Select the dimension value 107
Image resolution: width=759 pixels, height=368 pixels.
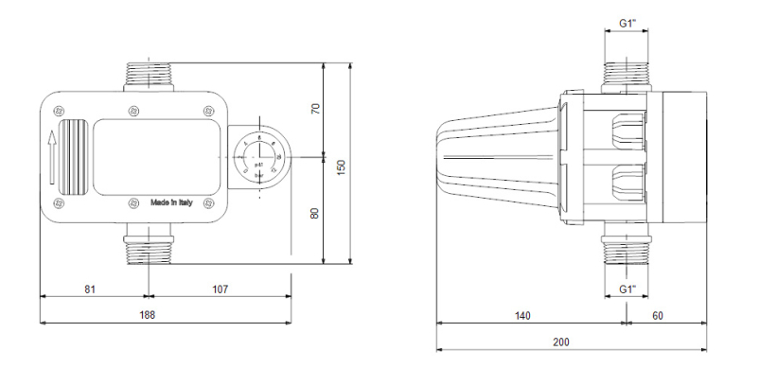(x=219, y=287)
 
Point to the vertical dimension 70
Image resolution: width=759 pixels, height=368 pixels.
(x=316, y=109)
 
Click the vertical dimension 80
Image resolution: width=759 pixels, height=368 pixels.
(x=316, y=212)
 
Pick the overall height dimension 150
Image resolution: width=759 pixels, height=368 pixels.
(x=342, y=166)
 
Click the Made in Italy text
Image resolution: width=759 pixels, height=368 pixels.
(x=177, y=202)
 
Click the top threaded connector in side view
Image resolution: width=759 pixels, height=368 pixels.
(x=627, y=75)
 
